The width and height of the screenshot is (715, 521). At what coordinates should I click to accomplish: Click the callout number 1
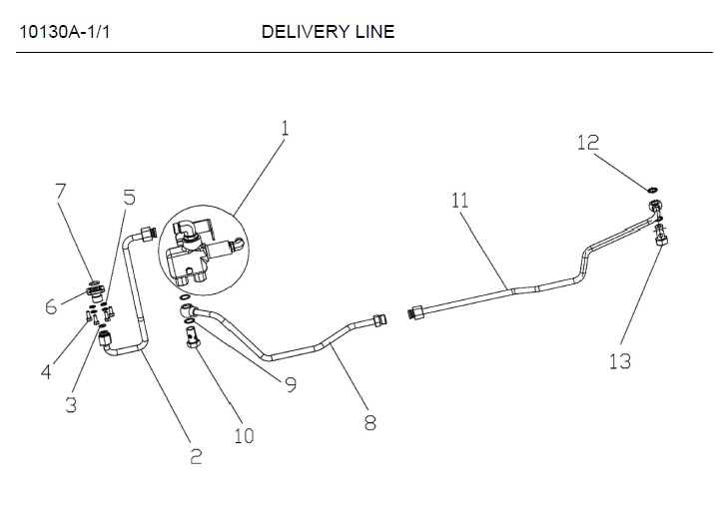click(x=285, y=129)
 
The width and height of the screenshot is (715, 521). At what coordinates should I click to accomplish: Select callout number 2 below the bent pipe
click(x=196, y=456)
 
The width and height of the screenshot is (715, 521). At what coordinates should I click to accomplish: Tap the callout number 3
click(x=71, y=404)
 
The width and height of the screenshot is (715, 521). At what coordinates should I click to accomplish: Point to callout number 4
click(x=45, y=372)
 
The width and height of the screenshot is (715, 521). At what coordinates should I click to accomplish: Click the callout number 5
click(x=129, y=198)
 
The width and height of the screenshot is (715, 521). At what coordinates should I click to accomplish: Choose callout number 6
click(x=51, y=307)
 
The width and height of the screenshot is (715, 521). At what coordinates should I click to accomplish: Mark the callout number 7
click(x=61, y=190)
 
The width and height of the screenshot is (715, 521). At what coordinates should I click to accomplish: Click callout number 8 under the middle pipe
click(x=369, y=422)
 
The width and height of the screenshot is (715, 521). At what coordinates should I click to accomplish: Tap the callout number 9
click(x=291, y=384)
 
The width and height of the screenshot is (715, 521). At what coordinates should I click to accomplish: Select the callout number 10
click(x=244, y=435)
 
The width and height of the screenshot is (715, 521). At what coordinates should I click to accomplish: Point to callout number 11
click(x=459, y=200)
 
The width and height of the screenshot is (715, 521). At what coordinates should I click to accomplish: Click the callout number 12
click(x=588, y=143)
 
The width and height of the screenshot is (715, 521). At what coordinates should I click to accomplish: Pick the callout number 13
click(x=620, y=360)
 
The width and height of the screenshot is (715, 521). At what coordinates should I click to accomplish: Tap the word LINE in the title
click(x=374, y=31)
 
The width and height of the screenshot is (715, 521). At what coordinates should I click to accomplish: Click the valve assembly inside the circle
click(x=199, y=250)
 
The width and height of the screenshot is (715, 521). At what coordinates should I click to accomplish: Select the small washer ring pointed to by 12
click(x=652, y=187)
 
